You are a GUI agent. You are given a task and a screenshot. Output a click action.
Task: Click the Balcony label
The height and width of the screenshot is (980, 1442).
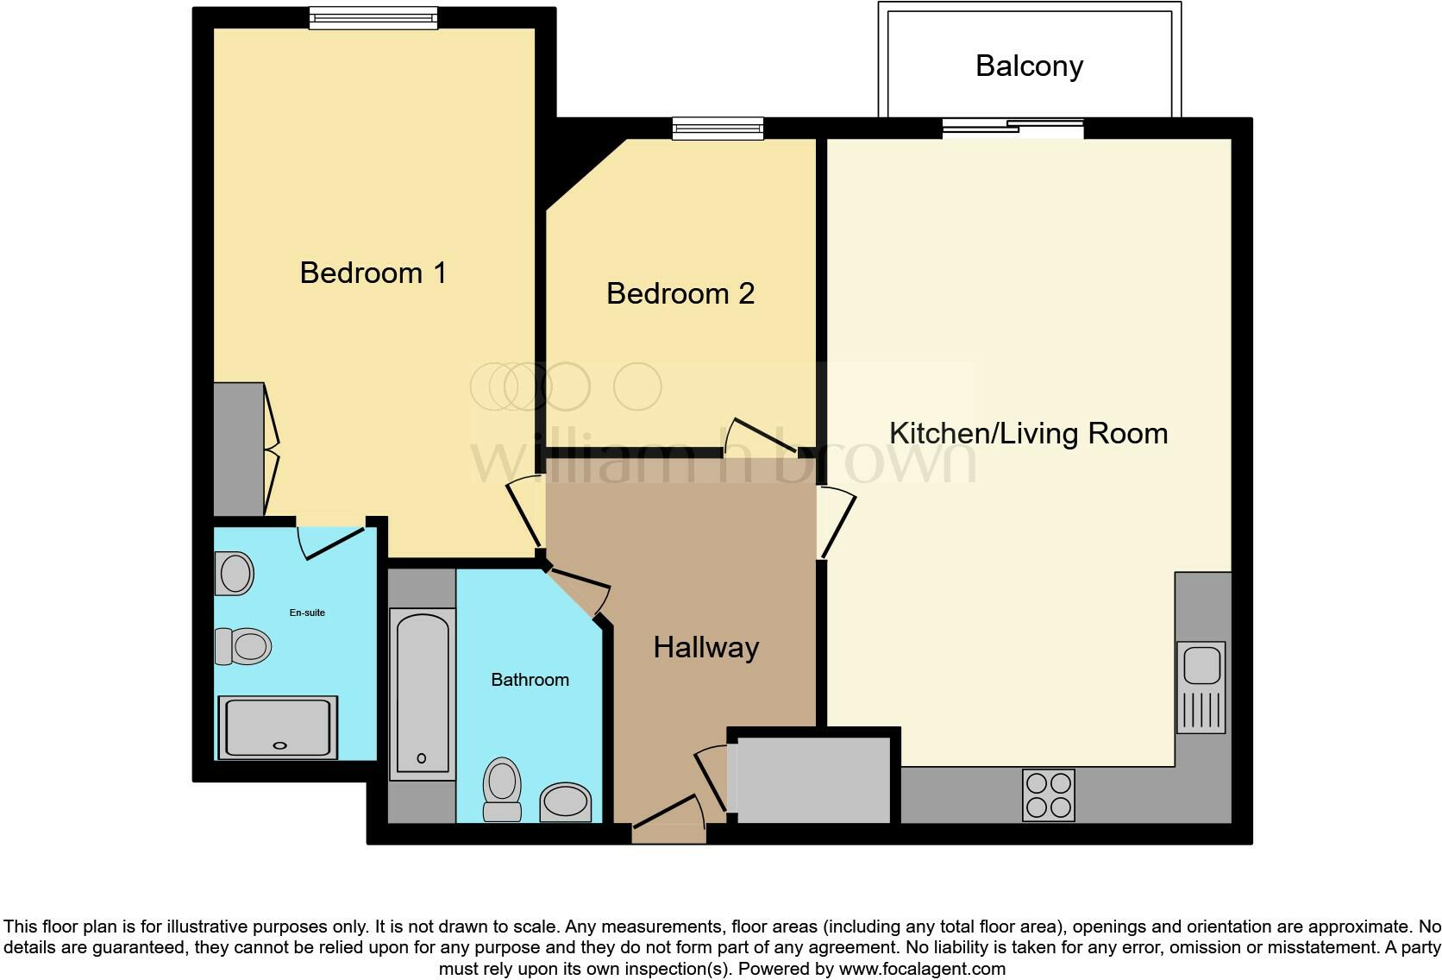[x=1029, y=66]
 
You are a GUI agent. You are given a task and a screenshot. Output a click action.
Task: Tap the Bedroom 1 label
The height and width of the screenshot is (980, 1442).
[x=373, y=273]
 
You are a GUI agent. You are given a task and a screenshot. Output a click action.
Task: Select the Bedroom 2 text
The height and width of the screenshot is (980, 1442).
[x=680, y=293]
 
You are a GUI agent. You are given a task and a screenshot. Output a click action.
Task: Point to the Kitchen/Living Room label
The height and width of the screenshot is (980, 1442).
[x=1028, y=433]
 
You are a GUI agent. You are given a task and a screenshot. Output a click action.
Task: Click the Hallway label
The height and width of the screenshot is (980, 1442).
[x=706, y=648]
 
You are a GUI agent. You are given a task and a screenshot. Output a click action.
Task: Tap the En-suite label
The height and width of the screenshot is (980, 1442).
[x=307, y=612]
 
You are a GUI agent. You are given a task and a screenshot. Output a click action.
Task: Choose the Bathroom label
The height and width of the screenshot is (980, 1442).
[x=530, y=680]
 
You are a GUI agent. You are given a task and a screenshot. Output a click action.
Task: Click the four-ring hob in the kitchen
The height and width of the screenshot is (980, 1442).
[x=1048, y=795]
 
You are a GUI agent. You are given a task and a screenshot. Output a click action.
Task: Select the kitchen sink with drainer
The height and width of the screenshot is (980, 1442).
[x=1201, y=687]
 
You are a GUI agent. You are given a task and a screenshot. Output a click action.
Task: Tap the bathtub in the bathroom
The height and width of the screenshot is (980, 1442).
[x=423, y=694]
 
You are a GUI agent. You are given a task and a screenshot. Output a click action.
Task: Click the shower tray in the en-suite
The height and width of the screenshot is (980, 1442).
[x=278, y=727]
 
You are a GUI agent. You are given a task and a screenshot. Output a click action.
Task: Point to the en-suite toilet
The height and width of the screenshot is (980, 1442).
[x=243, y=646]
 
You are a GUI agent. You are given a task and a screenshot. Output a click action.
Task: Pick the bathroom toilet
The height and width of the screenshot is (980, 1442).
[x=502, y=789]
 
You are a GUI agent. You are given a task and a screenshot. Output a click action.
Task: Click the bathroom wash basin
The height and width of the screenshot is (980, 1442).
[x=565, y=802]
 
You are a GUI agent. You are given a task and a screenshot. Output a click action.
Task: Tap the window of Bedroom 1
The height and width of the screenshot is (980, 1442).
[x=373, y=18]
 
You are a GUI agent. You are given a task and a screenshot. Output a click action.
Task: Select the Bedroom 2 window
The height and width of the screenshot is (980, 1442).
[x=718, y=129]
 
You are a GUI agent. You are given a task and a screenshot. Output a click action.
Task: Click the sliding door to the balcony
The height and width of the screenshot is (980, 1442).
[x=1013, y=129]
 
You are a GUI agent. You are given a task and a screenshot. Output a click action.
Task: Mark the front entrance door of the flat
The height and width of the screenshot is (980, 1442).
[x=669, y=818]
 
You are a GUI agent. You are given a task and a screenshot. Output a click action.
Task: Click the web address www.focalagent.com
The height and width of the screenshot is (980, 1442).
[x=922, y=969]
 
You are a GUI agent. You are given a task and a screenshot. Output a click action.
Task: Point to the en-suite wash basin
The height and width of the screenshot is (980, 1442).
[x=235, y=573]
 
